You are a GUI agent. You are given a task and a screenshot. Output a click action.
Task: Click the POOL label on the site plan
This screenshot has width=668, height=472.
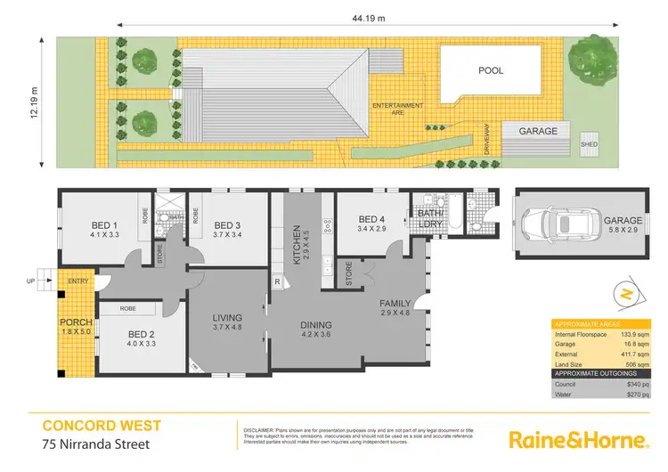pyautogui.click(x=491, y=69)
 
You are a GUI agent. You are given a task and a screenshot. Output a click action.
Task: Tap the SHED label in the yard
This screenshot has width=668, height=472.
pyautogui.click(x=589, y=143)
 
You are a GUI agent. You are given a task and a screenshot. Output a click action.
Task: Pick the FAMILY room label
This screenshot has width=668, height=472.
pyautogui.click(x=395, y=304)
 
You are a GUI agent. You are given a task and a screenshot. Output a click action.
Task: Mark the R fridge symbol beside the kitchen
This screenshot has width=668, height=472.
pyautogui.click(x=277, y=282)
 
